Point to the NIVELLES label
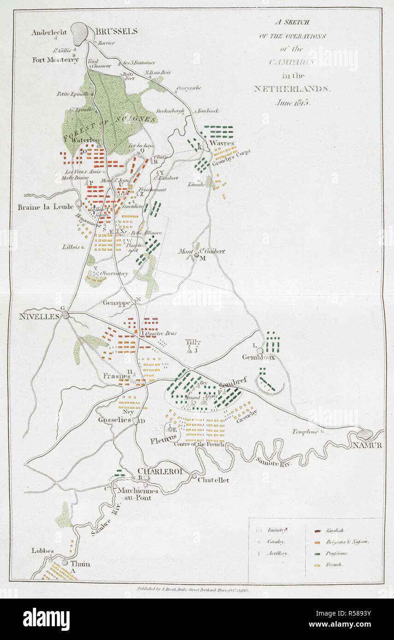(39, 316)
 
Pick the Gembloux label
(259, 357)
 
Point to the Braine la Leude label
(45, 207)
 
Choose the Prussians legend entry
(337, 553)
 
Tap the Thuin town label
(80, 564)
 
